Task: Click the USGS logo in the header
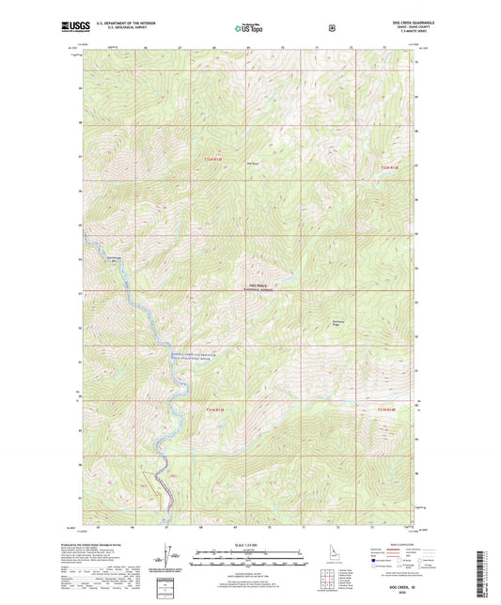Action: pyautogui.click(x=69, y=29)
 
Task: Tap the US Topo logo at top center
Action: pyautogui.click(x=249, y=29)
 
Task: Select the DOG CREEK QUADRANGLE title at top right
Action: pyautogui.click(x=398, y=24)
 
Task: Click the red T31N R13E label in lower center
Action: pyautogui.click(x=215, y=409)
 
